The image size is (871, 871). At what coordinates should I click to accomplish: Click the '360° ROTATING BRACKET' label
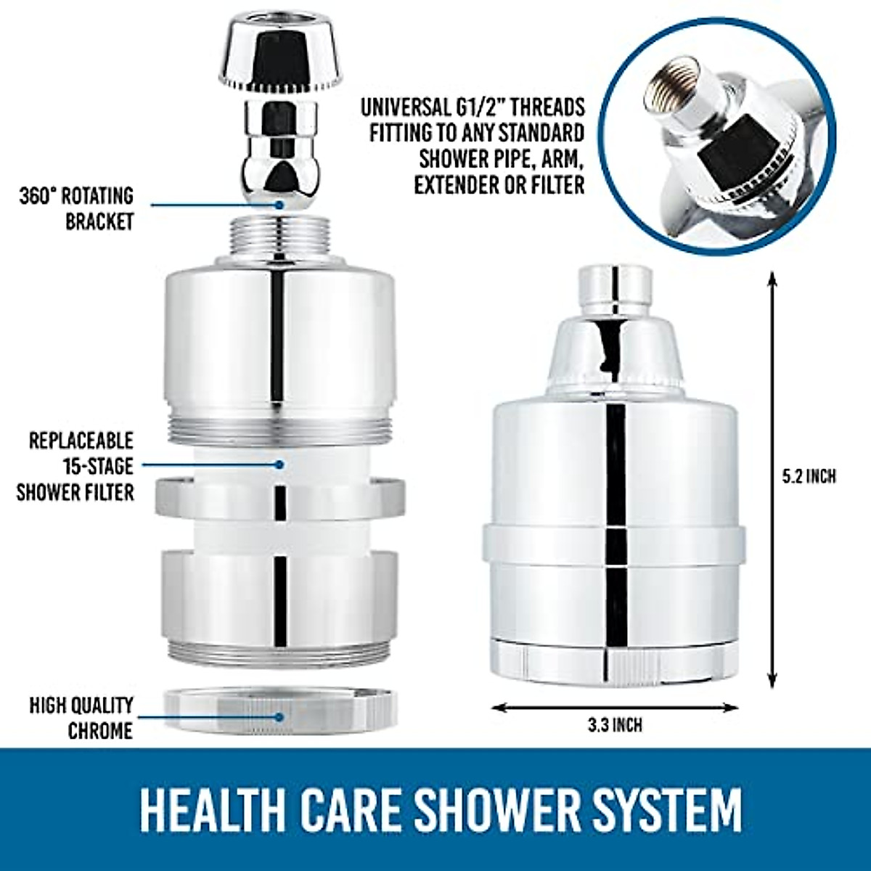(76, 208)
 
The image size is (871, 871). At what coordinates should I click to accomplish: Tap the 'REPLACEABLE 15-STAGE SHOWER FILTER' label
(75, 466)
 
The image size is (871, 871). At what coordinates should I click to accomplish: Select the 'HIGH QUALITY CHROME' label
(81, 717)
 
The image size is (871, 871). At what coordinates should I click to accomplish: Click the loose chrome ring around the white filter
(280, 498)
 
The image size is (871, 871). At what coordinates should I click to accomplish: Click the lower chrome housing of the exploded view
(280, 595)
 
